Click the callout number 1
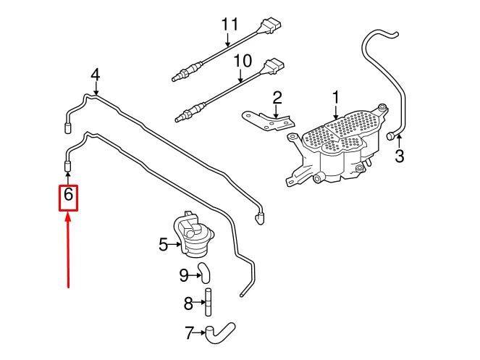(335, 96)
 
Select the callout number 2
(277, 97)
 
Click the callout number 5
(164, 245)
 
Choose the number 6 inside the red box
(68, 196)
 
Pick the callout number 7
(190, 334)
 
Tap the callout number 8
(188, 304)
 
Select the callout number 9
(184, 274)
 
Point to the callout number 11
(230, 24)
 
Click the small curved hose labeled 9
(205, 273)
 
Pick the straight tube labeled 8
(207, 303)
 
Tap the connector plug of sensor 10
(274, 67)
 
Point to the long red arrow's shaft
(67, 254)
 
